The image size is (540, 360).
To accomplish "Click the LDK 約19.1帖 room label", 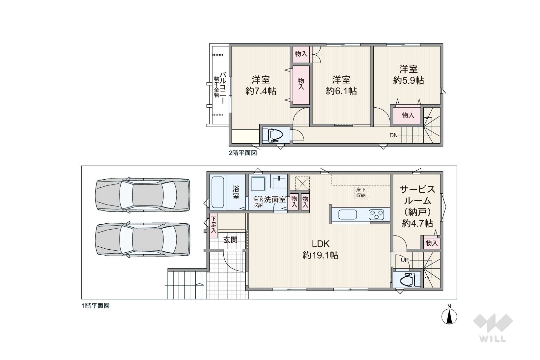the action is pyautogui.click(x=320, y=250).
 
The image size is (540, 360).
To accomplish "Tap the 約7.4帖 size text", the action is pyautogui.click(x=261, y=91).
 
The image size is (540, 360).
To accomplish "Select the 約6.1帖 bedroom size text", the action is pyautogui.click(x=341, y=91).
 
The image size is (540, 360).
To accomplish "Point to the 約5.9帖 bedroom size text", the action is pyautogui.click(x=408, y=80).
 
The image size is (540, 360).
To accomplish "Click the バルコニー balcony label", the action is pyautogui.click(x=222, y=88).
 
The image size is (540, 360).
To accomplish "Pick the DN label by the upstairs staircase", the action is pyautogui.click(x=394, y=135).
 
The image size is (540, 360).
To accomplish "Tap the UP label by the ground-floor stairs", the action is pyautogui.click(x=405, y=260).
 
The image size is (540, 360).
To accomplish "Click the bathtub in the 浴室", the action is pyautogui.click(x=218, y=192).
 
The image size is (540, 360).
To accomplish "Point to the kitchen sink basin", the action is pyautogui.click(x=348, y=214).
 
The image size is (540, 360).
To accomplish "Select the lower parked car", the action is pyautogui.click(x=143, y=239).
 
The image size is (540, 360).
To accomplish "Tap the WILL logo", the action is pyautogui.click(x=493, y=328).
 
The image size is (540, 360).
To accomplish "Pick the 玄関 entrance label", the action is pyautogui.click(x=231, y=240).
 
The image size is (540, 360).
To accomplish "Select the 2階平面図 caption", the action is pyautogui.click(x=243, y=153).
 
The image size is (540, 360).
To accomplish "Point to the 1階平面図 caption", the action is pyautogui.click(x=96, y=306).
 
